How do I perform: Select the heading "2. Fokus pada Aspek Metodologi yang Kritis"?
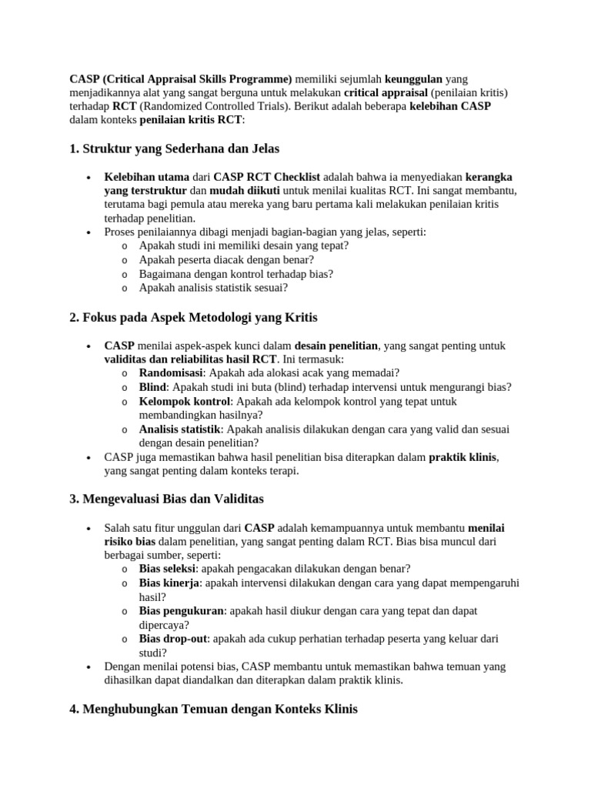pos(193,317)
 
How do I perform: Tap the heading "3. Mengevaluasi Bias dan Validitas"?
pos(166,499)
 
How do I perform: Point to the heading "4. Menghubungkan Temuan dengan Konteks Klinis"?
pos(213,709)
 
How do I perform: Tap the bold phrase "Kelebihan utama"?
pos(147,176)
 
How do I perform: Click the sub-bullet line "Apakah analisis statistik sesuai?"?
pos(213,287)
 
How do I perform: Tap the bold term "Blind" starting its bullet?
pos(152,386)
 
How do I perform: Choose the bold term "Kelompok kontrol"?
pos(185,401)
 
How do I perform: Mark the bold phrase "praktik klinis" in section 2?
pos(463,456)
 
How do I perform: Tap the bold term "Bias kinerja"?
pos(169,583)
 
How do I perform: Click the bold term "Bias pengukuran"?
pos(181,610)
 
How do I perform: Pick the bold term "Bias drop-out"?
pos(173,639)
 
